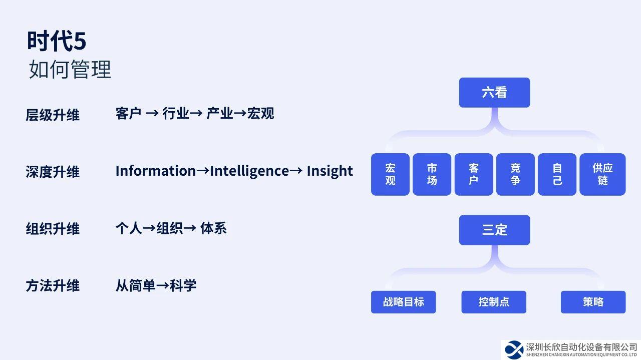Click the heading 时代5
click(x=57, y=41)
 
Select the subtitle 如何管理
click(x=70, y=70)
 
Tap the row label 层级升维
click(x=53, y=115)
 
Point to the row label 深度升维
click(x=53, y=172)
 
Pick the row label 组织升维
click(x=53, y=229)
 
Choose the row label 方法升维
click(x=53, y=286)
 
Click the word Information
click(x=155, y=171)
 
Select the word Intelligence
click(x=249, y=171)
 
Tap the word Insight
click(x=330, y=171)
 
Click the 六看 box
click(x=494, y=93)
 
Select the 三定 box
click(x=494, y=230)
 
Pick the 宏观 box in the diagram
click(x=390, y=174)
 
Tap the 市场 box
click(x=432, y=174)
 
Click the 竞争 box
click(x=515, y=174)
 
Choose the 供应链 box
click(x=602, y=174)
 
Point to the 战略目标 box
click(x=403, y=302)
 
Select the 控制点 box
click(x=494, y=302)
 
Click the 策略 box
click(x=593, y=302)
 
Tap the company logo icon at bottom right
click(x=513, y=349)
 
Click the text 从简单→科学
click(x=156, y=286)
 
